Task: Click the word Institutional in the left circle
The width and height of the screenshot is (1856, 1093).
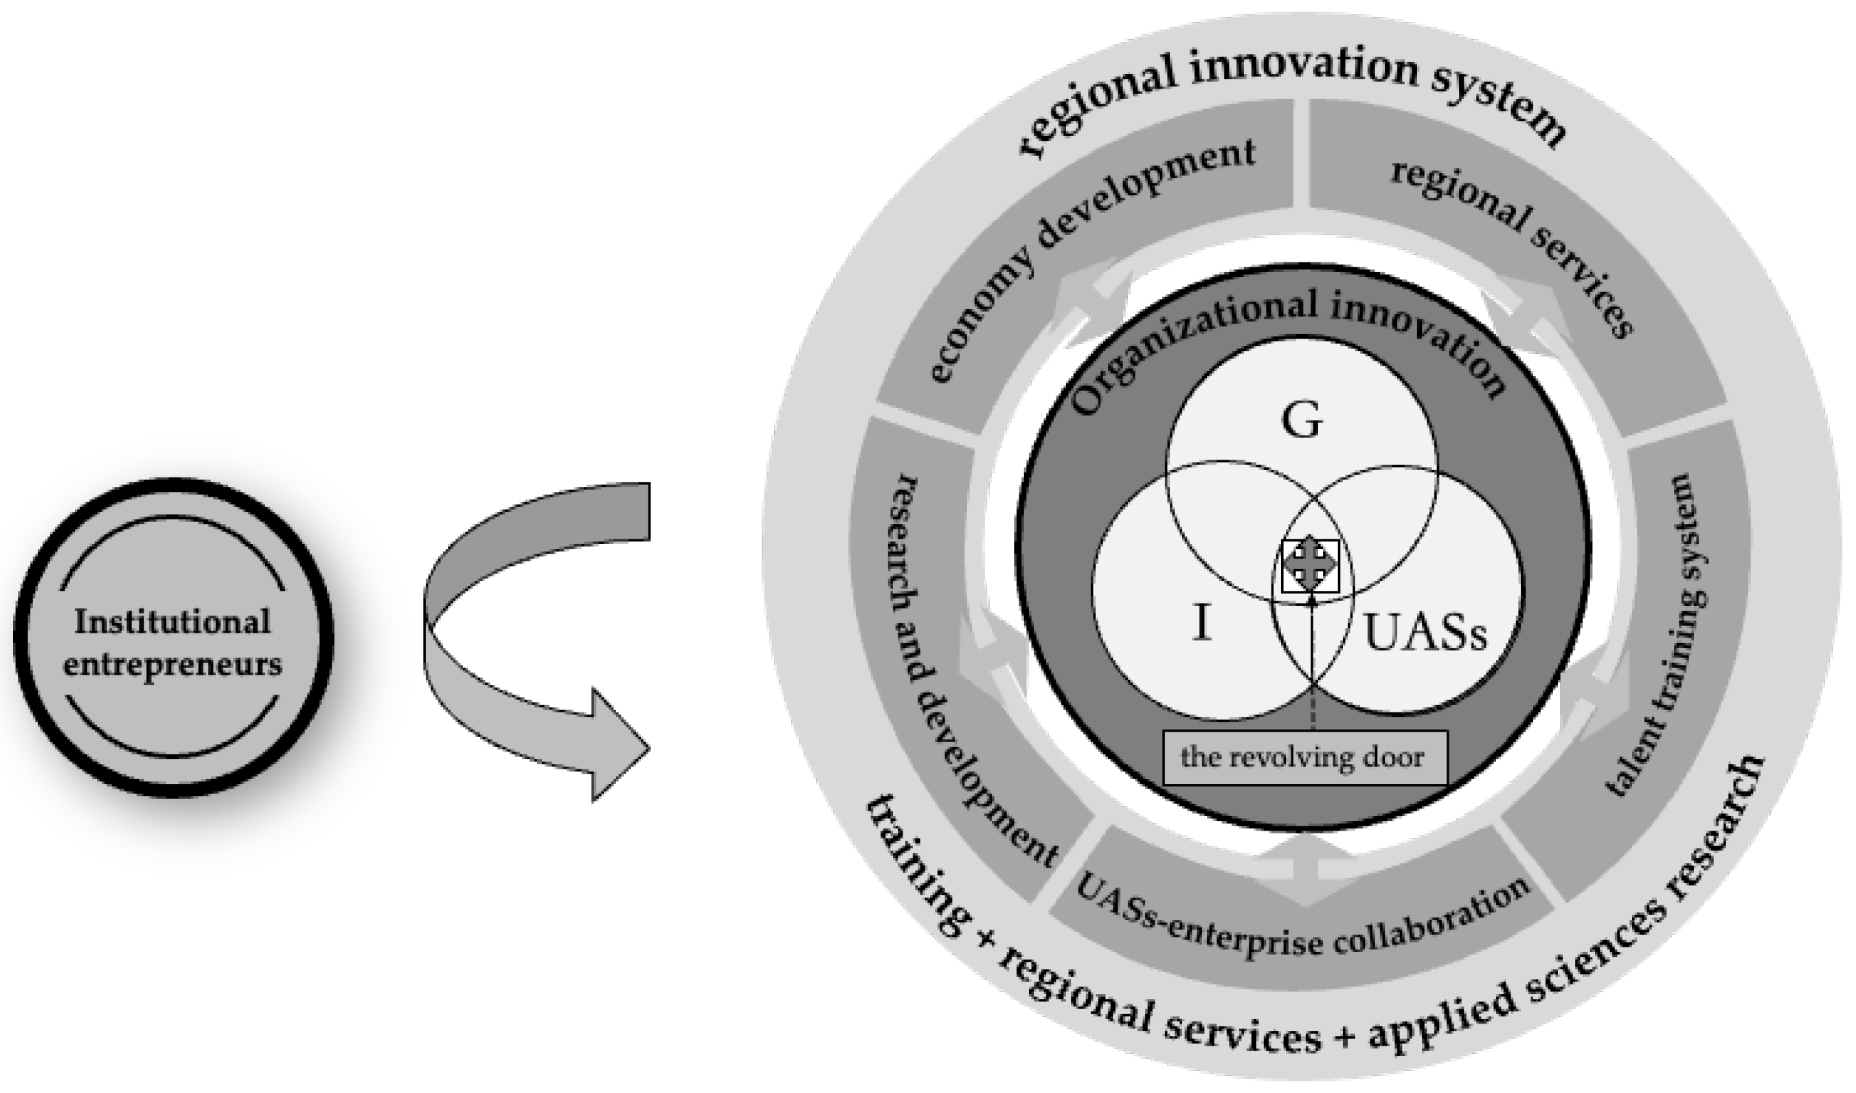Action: click(x=172, y=622)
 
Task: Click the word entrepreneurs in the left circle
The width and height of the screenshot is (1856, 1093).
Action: click(x=172, y=665)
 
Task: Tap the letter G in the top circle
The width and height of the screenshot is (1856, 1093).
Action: click(x=1302, y=421)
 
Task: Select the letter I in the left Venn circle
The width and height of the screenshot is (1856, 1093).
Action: click(x=1201, y=622)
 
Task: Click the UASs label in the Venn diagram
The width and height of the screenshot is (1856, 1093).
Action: click(x=1425, y=633)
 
